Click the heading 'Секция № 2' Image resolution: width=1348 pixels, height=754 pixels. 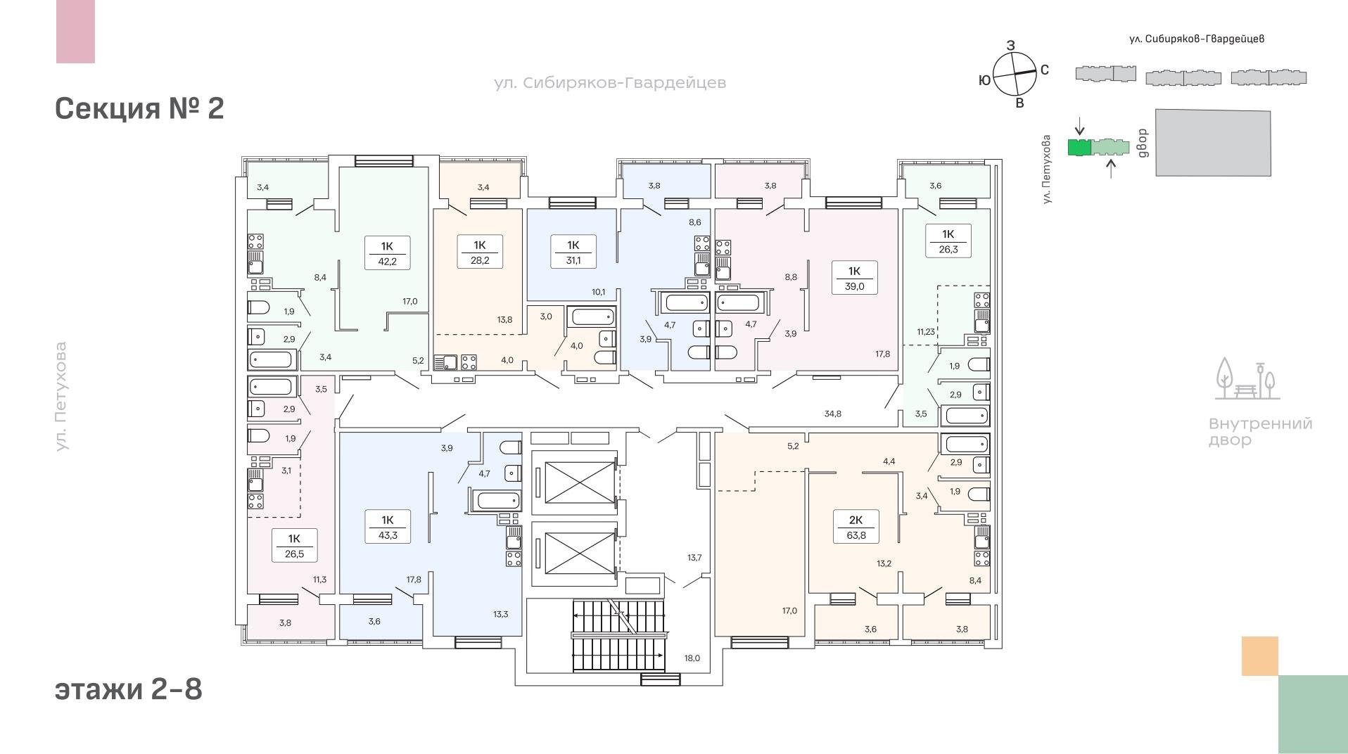139,108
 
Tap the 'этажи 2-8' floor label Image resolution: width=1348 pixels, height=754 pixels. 129,689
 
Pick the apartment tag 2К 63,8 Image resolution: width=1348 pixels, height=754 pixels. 856,527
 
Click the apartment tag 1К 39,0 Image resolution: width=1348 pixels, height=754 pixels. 854,278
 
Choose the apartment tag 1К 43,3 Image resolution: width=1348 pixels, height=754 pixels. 388,527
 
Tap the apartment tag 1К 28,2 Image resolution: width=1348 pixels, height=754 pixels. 480,252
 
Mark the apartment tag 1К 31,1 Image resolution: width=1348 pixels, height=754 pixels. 573,252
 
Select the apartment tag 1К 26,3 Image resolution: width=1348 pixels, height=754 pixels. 948,241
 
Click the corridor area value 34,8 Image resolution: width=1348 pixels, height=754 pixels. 832,414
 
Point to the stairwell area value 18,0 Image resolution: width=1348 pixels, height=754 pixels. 692,658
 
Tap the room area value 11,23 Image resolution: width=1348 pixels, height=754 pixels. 926,332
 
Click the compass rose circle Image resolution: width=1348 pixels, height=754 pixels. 1015,75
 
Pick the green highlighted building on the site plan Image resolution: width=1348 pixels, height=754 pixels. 1079,147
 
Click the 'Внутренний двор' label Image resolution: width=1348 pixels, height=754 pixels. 1260,432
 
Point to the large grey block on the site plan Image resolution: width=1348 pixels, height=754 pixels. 1213,143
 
